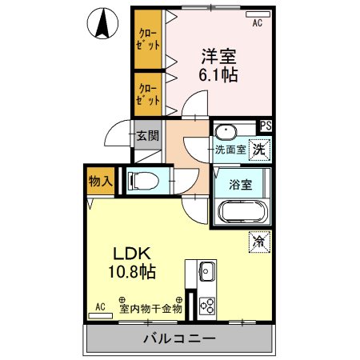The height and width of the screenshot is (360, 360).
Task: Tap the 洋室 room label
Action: click(x=218, y=57)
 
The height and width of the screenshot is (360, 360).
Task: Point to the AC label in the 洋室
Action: click(x=258, y=24)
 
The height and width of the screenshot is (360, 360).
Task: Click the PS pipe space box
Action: click(x=265, y=126)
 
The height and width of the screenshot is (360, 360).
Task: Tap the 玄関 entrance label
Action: click(x=146, y=135)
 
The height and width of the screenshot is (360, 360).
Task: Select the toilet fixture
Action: click(x=142, y=180)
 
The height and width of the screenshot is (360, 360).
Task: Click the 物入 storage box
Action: click(x=100, y=182)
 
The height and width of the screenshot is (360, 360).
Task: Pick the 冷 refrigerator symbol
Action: click(x=258, y=240)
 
